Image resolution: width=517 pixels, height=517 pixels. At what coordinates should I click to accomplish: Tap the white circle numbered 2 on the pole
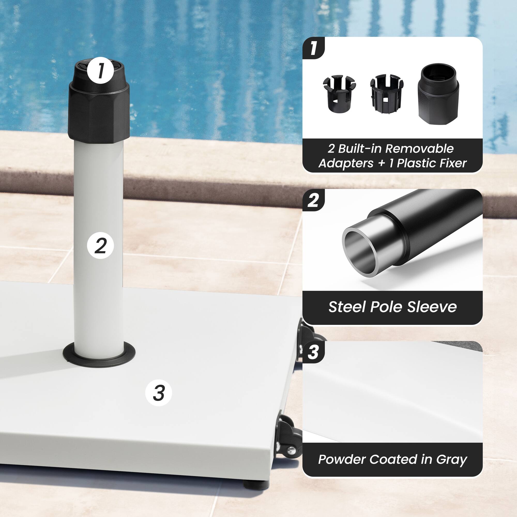[x=100, y=245]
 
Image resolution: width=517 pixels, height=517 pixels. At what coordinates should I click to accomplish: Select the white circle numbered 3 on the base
[x=158, y=393]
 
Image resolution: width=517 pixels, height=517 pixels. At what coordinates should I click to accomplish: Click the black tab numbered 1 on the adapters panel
[x=313, y=48]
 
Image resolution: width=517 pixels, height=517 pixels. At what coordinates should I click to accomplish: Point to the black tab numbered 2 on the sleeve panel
[x=313, y=200]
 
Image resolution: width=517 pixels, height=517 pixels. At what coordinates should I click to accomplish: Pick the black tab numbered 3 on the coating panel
[x=313, y=352]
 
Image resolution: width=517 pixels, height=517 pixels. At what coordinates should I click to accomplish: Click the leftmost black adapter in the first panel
[x=339, y=94]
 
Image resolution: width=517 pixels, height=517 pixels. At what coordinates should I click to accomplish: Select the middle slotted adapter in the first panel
[x=386, y=94]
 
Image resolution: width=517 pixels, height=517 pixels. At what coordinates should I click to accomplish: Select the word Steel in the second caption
[x=347, y=307]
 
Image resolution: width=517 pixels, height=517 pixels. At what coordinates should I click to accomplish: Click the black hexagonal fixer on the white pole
[x=99, y=112]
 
